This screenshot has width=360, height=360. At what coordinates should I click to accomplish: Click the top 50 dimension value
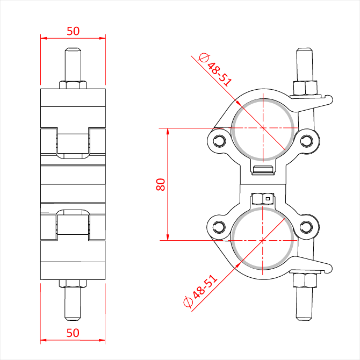click(x=73, y=31)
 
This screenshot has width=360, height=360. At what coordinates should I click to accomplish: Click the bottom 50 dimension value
click(x=73, y=333)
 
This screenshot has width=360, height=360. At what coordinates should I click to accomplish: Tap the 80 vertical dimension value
click(x=161, y=184)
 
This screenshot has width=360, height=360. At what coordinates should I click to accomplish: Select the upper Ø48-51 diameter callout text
click(x=215, y=70)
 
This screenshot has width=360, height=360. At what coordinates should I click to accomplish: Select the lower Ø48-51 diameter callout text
click(x=200, y=291)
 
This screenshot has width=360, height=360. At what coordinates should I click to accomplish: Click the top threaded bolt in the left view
click(x=73, y=64)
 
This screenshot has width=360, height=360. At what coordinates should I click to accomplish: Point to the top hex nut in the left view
click(x=73, y=85)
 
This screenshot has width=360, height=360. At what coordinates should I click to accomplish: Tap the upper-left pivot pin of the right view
click(x=219, y=140)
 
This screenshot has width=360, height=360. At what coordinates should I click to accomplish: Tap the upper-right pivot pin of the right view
click(x=306, y=140)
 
